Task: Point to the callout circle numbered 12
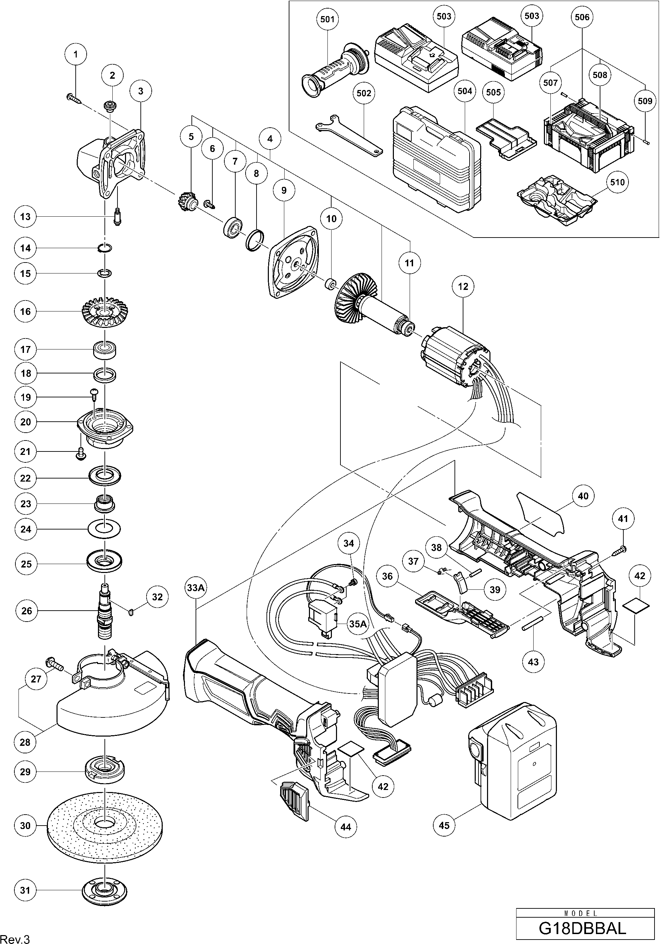point(463,286)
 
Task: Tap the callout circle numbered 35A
point(358,624)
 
